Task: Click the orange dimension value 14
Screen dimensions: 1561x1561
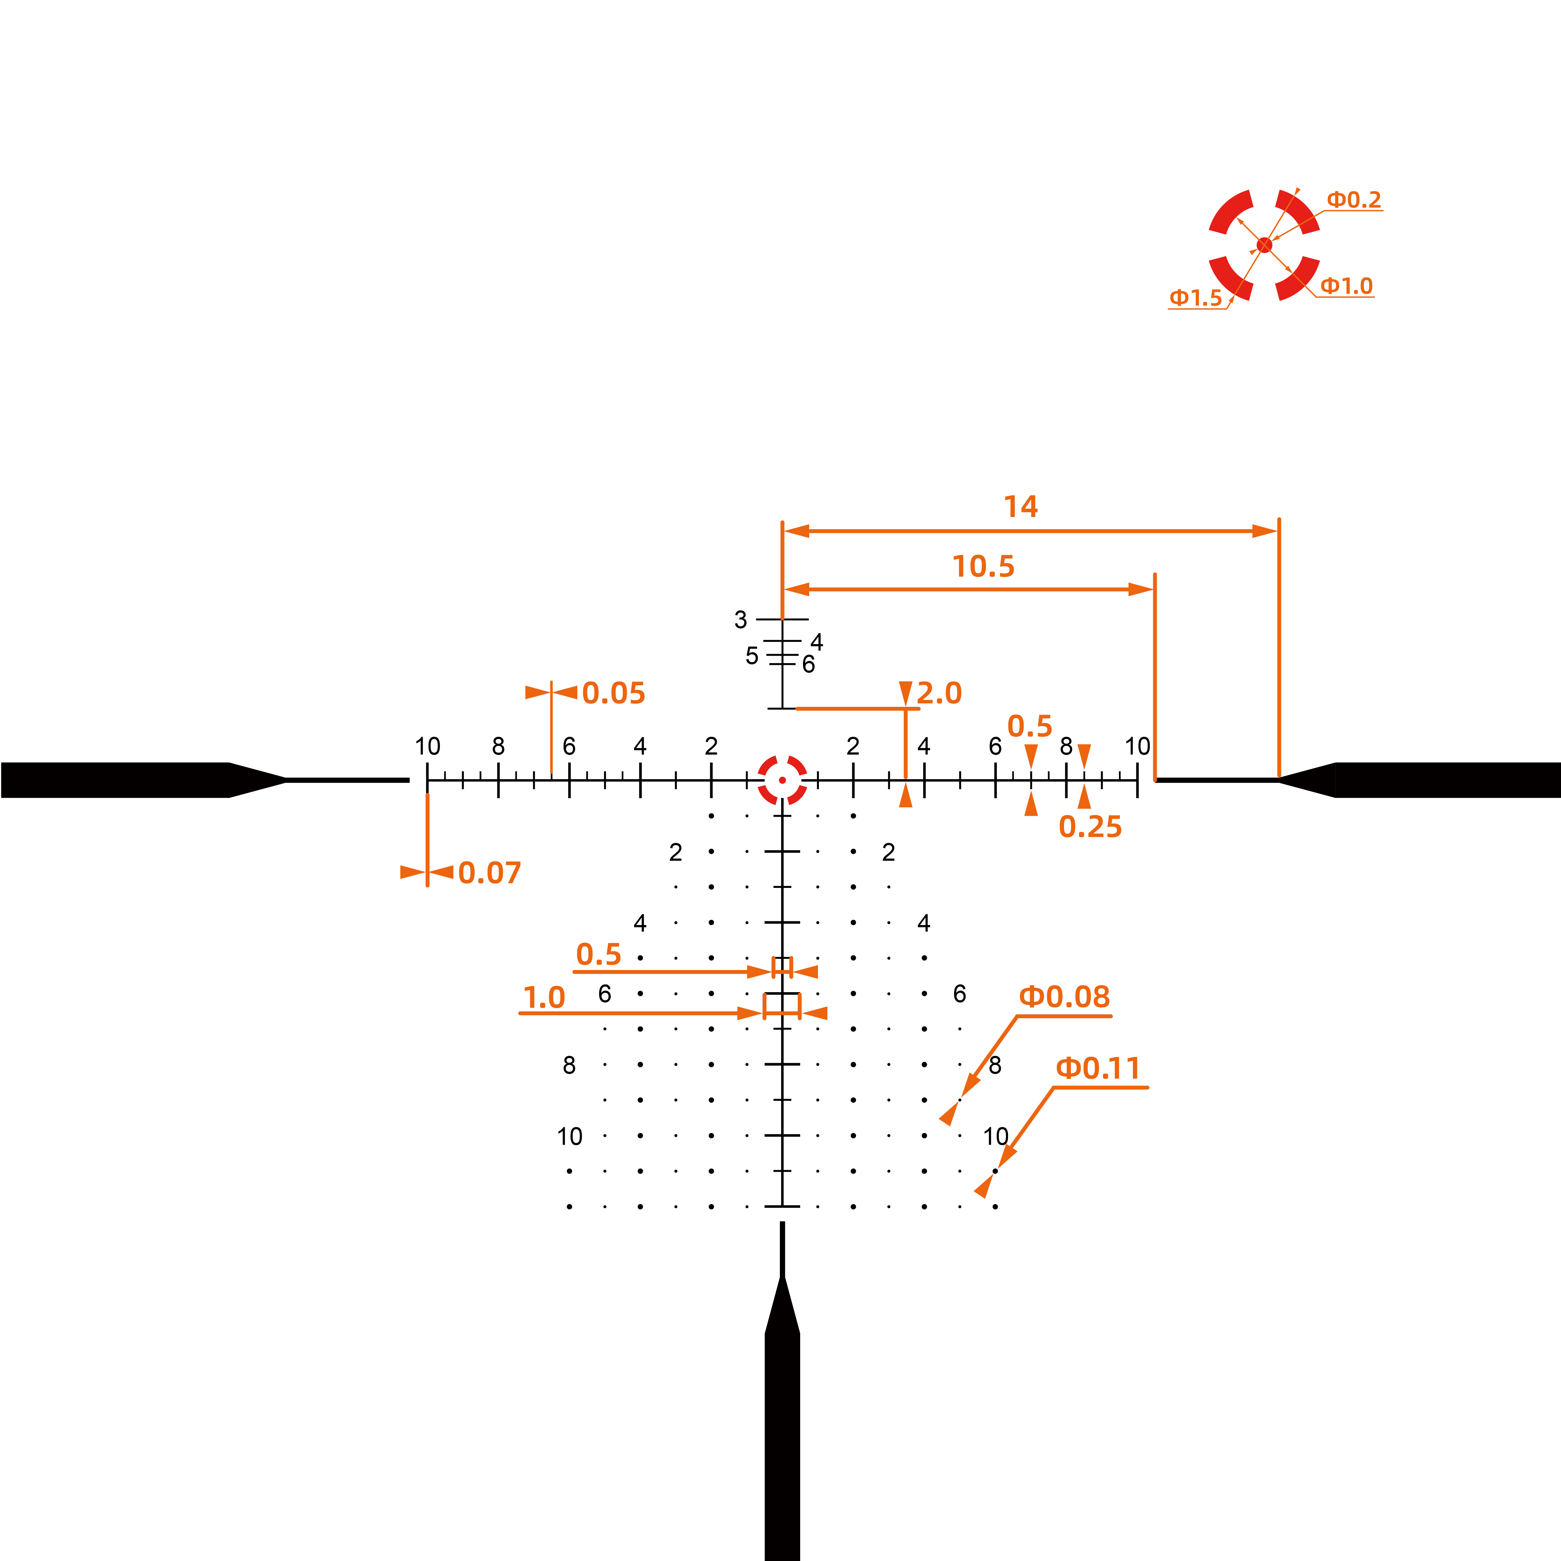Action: pos(1021,507)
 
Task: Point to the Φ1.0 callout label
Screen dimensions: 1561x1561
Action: pos(1346,286)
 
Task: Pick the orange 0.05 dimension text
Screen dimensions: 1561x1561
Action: pos(613,693)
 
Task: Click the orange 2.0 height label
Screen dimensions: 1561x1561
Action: pos(939,693)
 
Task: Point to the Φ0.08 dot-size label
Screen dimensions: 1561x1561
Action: pos(1064,997)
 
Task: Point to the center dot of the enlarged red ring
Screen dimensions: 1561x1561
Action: pos(1264,245)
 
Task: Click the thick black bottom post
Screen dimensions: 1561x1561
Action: pos(782,1422)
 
